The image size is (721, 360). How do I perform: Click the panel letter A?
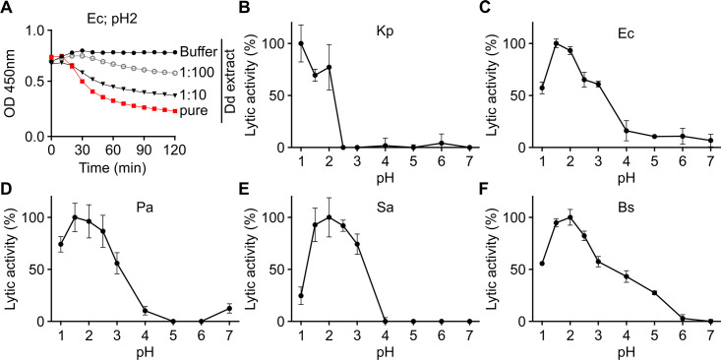5,8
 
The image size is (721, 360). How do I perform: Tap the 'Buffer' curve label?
198,52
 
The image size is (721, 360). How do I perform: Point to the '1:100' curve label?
197,74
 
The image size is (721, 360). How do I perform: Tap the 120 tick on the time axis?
175,150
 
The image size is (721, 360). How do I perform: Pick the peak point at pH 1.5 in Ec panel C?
556,43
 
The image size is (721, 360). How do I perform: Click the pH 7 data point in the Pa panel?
230,309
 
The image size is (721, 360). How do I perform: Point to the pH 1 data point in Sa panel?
301,296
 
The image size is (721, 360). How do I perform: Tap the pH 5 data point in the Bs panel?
654,293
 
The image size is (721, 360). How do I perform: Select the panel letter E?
245,183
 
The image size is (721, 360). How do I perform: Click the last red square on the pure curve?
175,111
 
